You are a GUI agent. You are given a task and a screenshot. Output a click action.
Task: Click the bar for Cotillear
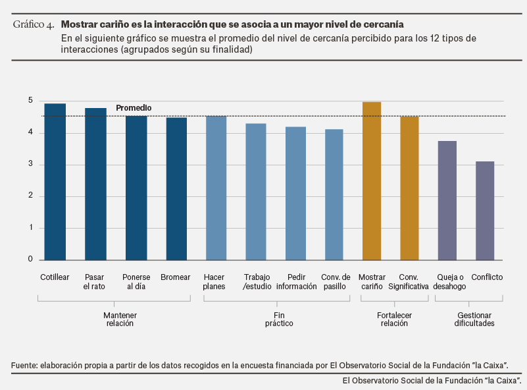[x=55, y=182]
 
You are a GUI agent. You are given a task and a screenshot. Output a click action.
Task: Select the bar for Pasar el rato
[x=95, y=184]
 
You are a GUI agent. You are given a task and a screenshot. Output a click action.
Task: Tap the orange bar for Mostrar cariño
[x=372, y=181]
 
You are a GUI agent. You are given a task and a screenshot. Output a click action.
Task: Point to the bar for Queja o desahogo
[x=447, y=200]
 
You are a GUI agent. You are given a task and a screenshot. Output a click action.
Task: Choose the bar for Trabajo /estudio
[x=256, y=192]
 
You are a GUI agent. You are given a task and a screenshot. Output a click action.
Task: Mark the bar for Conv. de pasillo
[x=334, y=194]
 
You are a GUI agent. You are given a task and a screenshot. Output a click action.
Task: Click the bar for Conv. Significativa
[x=409, y=188]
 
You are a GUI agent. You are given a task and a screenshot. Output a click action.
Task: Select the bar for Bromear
[x=176, y=188]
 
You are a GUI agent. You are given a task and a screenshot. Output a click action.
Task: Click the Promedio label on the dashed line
[x=134, y=107]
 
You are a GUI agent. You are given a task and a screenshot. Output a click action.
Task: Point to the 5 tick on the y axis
[x=30, y=101]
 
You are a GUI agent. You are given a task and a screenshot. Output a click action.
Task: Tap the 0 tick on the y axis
[x=30, y=260]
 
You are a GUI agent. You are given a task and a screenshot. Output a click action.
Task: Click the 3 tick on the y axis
[x=30, y=165]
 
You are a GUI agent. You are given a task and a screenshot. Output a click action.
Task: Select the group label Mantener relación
[x=120, y=320]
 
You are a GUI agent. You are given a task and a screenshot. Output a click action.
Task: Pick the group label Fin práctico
[x=279, y=320]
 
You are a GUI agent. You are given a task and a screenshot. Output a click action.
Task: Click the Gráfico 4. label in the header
[x=34, y=25]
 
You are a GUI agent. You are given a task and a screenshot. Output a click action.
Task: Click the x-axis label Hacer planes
[x=214, y=282]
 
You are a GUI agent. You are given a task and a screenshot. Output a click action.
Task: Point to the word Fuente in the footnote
[x=24, y=365]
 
